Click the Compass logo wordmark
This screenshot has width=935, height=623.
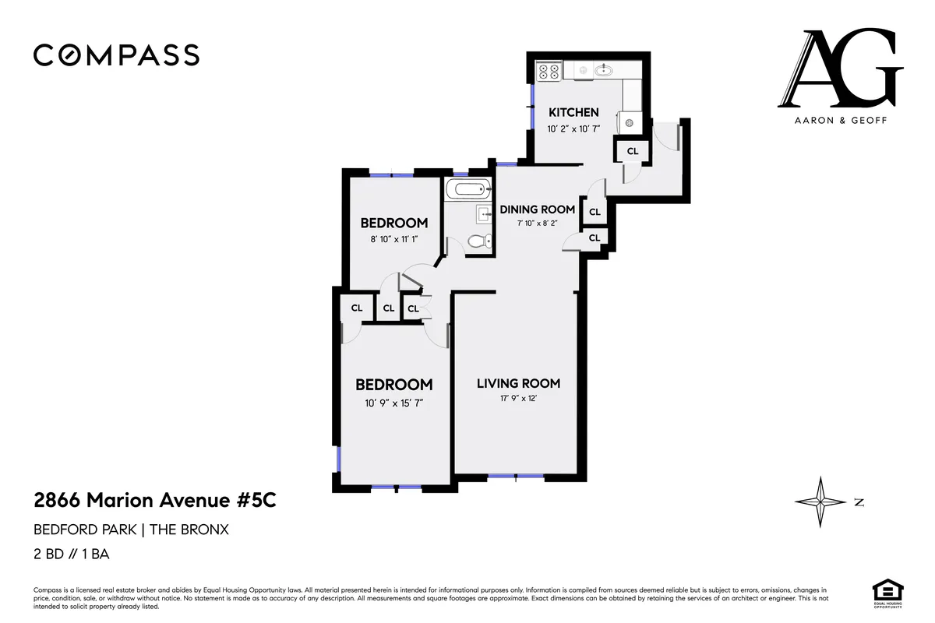tap(116, 55)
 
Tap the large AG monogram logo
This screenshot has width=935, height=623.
tap(840, 69)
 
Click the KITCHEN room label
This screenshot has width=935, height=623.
tap(573, 112)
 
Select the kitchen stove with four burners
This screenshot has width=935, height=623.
tap(549, 72)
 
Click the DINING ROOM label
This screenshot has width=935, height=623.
tap(537, 209)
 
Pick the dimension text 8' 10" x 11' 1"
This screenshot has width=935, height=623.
tap(393, 240)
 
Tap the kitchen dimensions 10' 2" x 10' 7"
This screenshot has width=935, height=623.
tap(573, 129)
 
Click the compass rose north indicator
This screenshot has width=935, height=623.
tap(820, 502)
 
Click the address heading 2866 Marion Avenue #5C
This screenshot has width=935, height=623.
tap(154, 500)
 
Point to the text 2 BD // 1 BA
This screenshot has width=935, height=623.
tap(71, 555)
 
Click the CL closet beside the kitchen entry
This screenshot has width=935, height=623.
tap(633, 151)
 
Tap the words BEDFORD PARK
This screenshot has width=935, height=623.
tap(83, 530)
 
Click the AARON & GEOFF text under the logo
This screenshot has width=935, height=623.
tap(840, 120)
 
